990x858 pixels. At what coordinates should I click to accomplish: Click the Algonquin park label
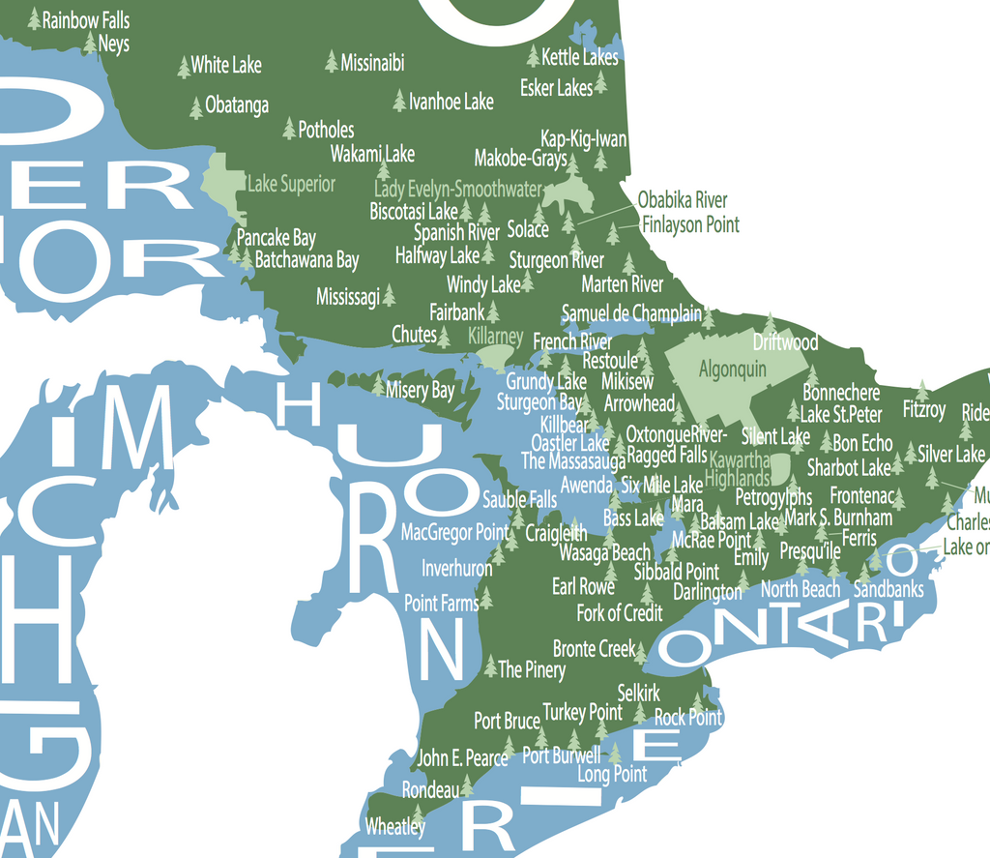[x=732, y=369]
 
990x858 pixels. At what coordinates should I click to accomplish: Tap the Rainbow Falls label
[x=85, y=19]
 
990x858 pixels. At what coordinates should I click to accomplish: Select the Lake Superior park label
[x=291, y=184]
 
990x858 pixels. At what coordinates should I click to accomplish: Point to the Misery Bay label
[x=420, y=390]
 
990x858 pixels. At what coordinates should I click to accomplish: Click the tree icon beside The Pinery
[x=490, y=666]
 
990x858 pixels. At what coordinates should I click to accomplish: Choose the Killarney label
[x=495, y=337]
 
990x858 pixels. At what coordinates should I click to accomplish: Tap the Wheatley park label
[x=394, y=827]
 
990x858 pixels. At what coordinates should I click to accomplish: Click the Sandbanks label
[x=888, y=589]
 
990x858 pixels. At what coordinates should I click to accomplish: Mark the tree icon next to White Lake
[x=184, y=67]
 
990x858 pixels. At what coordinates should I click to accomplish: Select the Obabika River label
[x=683, y=200]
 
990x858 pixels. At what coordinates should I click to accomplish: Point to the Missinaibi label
[x=372, y=63]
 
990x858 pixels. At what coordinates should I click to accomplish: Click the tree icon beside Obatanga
[x=196, y=106]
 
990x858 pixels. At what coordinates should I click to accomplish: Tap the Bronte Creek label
[x=594, y=648]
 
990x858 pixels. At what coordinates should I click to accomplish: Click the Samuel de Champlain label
[x=631, y=313]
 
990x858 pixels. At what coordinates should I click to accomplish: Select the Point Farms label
[x=441, y=604]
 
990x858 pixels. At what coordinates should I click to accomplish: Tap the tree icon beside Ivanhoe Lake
[x=399, y=100]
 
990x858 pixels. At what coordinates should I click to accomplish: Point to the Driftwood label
[x=785, y=342]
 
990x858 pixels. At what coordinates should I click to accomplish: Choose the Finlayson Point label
[x=690, y=224]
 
